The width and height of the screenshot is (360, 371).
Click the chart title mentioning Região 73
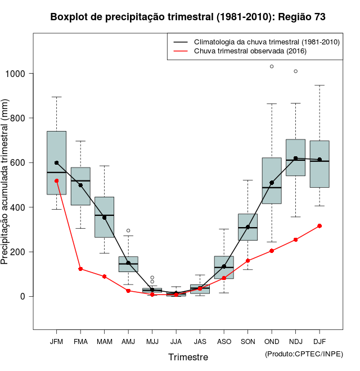[188, 17]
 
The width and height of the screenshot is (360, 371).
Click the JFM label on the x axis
[56, 341]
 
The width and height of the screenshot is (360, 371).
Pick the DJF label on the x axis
[319, 341]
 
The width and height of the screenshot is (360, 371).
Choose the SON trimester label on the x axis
[248, 341]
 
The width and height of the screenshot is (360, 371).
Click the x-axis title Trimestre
[188, 357]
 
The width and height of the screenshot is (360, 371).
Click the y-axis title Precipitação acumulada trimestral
[6, 182]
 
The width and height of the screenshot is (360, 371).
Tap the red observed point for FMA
[80, 269]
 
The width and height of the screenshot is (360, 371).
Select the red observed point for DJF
[319, 226]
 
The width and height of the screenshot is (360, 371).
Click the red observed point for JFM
[56, 181]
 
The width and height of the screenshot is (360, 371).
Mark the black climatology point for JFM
[56, 162]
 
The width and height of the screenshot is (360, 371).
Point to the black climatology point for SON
[248, 227]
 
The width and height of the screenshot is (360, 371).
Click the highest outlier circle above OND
[272, 66]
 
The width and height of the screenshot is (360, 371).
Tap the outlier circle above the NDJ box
[296, 71]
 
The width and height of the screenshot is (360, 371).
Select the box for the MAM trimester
[104, 217]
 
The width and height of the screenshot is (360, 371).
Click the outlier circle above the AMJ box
[128, 230]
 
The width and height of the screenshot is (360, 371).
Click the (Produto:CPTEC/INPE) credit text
[304, 354]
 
